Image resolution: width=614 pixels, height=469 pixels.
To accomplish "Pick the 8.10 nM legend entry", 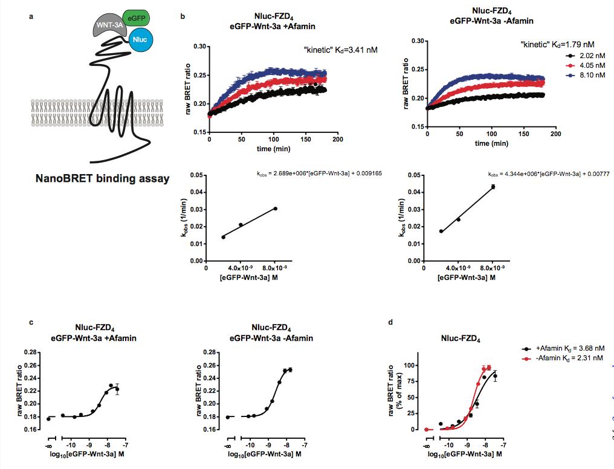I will click(x=574, y=75).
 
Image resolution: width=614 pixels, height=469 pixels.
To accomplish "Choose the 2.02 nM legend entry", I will click(x=574, y=55).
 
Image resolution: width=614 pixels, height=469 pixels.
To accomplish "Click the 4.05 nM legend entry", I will click(x=574, y=65).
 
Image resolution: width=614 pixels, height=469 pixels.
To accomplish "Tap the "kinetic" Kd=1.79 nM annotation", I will click(x=557, y=44).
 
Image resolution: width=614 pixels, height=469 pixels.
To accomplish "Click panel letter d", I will click(x=390, y=322).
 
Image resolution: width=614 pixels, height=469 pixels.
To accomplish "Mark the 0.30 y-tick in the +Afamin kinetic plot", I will click(x=199, y=46).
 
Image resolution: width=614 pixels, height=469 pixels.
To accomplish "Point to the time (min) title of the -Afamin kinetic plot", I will click(x=491, y=144).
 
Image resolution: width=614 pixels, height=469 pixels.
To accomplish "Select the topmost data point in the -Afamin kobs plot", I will click(x=493, y=187).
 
